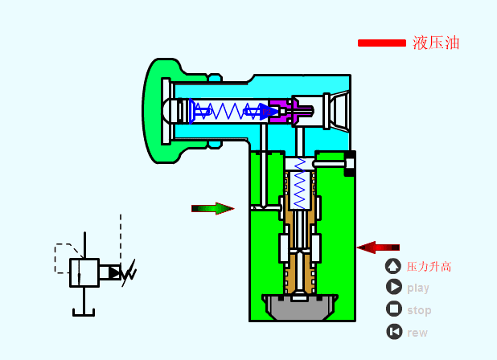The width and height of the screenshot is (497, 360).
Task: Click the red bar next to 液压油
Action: click(x=382, y=43)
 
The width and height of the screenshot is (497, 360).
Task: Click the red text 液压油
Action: click(x=436, y=43)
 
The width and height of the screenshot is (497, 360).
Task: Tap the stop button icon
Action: click(x=394, y=309)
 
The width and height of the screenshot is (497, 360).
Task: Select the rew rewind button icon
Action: click(x=394, y=332)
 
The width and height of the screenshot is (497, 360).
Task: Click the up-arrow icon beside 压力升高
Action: click(x=393, y=266)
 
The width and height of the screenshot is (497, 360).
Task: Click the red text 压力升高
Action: click(x=429, y=267)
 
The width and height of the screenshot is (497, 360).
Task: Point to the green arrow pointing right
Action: click(x=212, y=208)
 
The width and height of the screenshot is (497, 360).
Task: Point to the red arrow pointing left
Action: click(x=378, y=247)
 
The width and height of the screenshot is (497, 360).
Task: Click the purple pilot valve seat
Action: click(x=284, y=111)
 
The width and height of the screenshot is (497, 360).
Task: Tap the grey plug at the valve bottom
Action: click(x=299, y=306)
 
